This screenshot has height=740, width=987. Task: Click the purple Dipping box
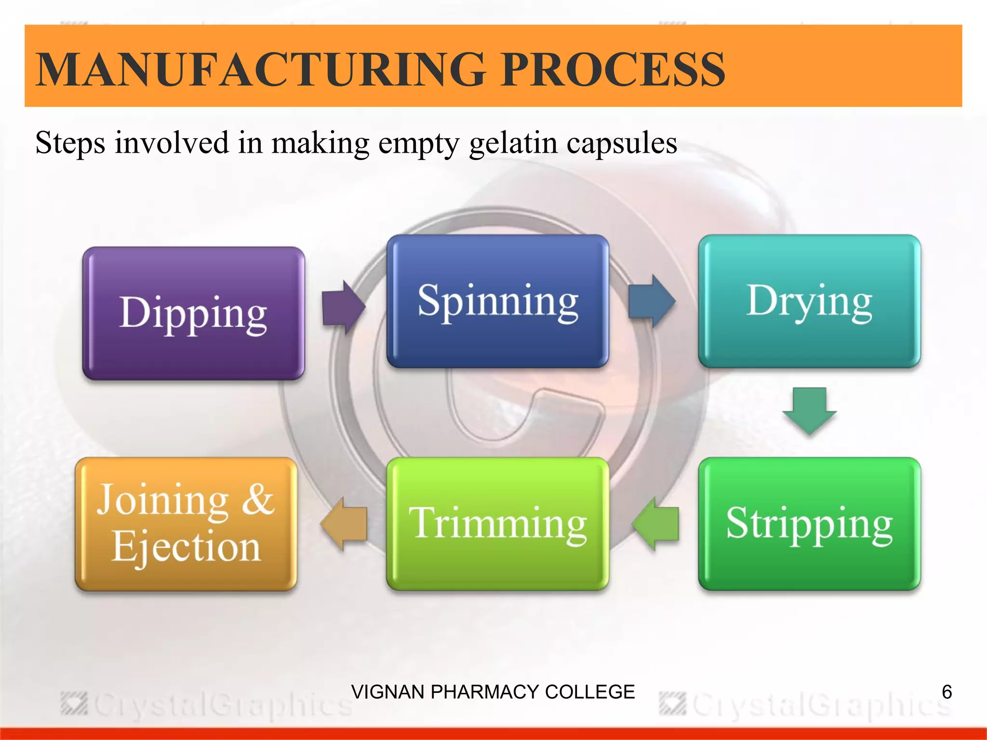193,313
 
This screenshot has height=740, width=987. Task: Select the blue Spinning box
497,301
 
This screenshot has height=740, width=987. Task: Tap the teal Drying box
809,301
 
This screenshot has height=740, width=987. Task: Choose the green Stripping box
809,524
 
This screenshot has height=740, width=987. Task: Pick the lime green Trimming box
497,524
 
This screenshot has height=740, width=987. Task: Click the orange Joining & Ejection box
186,524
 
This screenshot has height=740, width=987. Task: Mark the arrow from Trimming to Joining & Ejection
344,524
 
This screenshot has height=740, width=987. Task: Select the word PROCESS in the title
612,70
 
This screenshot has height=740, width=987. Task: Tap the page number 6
947,692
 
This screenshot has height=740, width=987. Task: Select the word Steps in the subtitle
70,144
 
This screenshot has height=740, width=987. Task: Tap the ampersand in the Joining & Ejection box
258,499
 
